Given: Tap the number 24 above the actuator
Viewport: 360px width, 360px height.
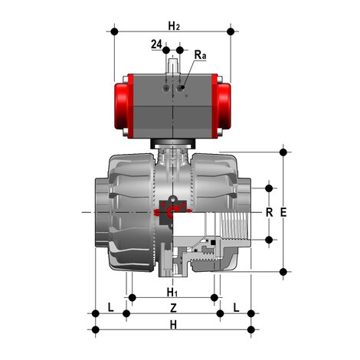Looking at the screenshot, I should click(x=156, y=45).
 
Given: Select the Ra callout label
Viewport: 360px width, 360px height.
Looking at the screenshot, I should click(x=200, y=55).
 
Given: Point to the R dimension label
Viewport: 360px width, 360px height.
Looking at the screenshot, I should click(x=269, y=212).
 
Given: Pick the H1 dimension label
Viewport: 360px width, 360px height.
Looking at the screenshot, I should click(x=173, y=292).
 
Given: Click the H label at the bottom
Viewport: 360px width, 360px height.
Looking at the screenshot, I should click(x=174, y=325).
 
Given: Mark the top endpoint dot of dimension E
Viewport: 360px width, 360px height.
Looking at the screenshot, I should click(x=285, y=152).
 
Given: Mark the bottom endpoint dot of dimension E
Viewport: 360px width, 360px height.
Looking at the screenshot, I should click(x=285, y=270).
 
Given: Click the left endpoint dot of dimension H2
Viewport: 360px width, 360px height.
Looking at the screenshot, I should click(x=116, y=33).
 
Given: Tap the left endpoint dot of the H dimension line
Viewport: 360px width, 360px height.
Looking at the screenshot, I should click(x=95, y=331).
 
